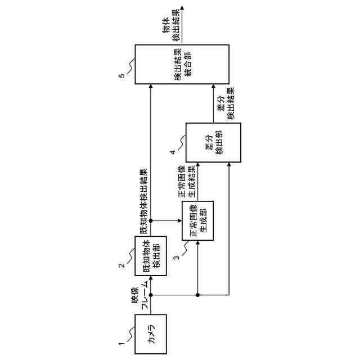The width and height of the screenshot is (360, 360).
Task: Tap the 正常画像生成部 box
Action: (198, 220)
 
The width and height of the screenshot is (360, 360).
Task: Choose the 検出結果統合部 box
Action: (182, 64)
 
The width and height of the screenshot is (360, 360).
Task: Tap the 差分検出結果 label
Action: (226, 103)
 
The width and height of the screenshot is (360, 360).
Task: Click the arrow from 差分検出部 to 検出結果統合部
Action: (214, 103)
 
